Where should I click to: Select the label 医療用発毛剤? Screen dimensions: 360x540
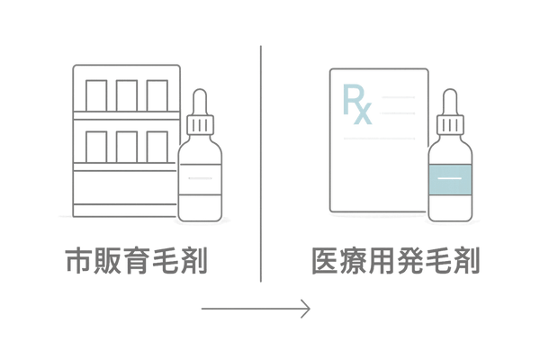tap(396, 262)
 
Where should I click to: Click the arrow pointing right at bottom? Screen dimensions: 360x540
tap(256, 310)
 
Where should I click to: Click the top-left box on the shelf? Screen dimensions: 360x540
tap(95, 94)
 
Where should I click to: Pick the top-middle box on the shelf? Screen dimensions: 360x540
tap(127, 94)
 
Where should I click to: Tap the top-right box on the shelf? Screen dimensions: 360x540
tap(157, 94)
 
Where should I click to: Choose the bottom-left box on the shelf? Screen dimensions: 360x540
tap(95, 145)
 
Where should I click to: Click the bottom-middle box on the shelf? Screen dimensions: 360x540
tap(127, 145)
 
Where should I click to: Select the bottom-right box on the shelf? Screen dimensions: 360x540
tap(157, 145)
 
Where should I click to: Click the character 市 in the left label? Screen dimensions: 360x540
tap(78, 262)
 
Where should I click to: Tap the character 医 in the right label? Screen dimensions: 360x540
tap(322, 262)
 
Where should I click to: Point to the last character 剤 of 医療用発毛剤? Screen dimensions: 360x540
tap(469, 262)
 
